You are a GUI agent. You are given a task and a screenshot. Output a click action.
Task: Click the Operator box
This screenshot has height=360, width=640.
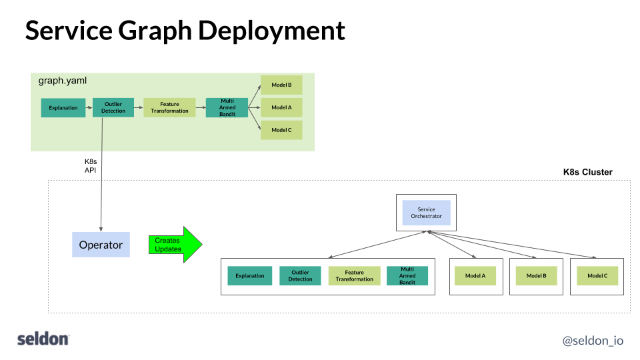[101, 245]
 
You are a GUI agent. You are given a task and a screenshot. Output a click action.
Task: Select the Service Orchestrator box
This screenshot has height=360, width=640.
[426, 213]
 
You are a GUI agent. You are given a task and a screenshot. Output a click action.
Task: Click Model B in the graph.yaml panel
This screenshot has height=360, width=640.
[281, 85]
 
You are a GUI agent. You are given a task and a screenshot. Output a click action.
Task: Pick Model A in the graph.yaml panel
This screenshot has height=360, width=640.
[281, 107]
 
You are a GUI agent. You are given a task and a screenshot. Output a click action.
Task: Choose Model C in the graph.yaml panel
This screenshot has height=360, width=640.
[281, 130]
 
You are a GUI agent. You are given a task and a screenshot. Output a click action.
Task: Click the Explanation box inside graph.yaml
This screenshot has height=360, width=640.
[63, 107]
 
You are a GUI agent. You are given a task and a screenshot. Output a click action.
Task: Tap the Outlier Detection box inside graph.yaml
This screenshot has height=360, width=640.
[113, 107]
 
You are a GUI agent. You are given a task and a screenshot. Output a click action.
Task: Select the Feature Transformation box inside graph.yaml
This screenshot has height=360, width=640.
[169, 107]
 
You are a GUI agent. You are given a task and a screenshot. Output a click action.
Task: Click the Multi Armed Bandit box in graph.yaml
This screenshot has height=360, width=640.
[227, 107]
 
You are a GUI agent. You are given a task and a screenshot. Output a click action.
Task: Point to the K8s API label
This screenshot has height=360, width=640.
[91, 166]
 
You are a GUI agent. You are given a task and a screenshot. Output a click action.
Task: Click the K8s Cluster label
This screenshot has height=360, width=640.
[587, 172]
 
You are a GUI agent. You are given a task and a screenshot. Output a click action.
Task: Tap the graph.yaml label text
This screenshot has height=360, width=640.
[63, 81]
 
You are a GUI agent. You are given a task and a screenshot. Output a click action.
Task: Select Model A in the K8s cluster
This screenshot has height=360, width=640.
[475, 276]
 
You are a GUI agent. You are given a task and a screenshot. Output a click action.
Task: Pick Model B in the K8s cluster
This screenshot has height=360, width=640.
[536, 276]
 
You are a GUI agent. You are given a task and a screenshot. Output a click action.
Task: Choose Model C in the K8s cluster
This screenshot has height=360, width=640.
[597, 276]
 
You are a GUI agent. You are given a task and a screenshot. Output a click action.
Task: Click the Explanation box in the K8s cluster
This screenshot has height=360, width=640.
[249, 276]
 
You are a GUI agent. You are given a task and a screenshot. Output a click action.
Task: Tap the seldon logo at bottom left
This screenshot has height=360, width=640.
[43, 339]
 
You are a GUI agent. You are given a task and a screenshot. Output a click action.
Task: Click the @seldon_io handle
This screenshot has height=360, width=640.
[593, 340]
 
